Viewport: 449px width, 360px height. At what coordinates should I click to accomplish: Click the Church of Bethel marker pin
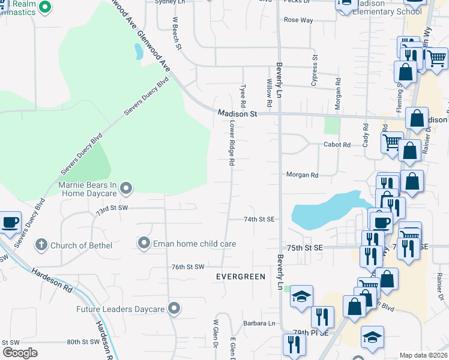click(x=41, y=244)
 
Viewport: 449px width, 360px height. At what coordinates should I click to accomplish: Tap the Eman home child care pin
click(x=143, y=244)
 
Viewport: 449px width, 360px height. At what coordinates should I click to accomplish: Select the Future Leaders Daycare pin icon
click(x=174, y=309)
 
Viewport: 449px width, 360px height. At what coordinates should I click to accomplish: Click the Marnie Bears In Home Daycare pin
click(x=125, y=189)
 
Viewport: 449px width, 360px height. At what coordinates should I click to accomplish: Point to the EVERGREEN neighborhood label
click(x=241, y=277)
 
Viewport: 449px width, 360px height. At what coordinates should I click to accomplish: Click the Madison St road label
click(x=237, y=113)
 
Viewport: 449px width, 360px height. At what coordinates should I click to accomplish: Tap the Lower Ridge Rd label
click(x=231, y=142)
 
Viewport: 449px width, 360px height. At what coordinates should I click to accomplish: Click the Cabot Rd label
click(x=337, y=145)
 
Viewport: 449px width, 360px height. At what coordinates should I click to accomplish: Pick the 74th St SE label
click(x=259, y=220)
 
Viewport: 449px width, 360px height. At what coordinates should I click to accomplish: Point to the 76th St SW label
click(x=188, y=266)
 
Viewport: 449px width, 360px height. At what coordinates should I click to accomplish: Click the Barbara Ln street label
click(x=259, y=323)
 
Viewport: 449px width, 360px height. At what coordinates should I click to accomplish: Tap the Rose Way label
click(x=298, y=20)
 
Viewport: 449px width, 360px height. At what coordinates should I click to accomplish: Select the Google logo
click(x=20, y=353)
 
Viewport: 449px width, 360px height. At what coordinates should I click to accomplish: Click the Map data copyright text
click(x=424, y=355)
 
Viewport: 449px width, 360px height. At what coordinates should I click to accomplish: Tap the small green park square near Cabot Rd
click(x=331, y=125)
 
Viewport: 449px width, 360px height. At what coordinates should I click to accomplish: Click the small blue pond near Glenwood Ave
click(x=139, y=52)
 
